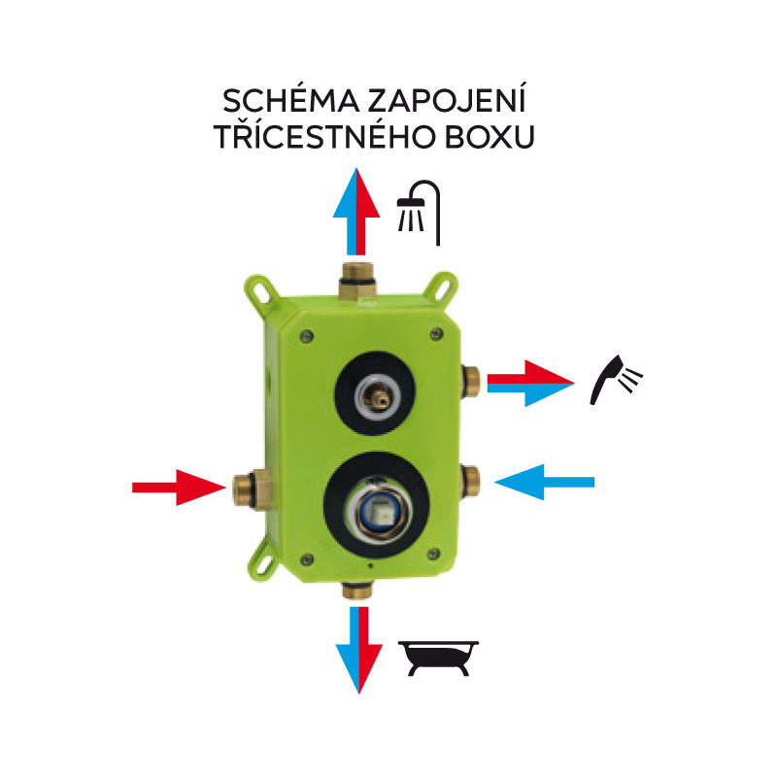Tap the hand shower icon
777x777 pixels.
tap(618, 379)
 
